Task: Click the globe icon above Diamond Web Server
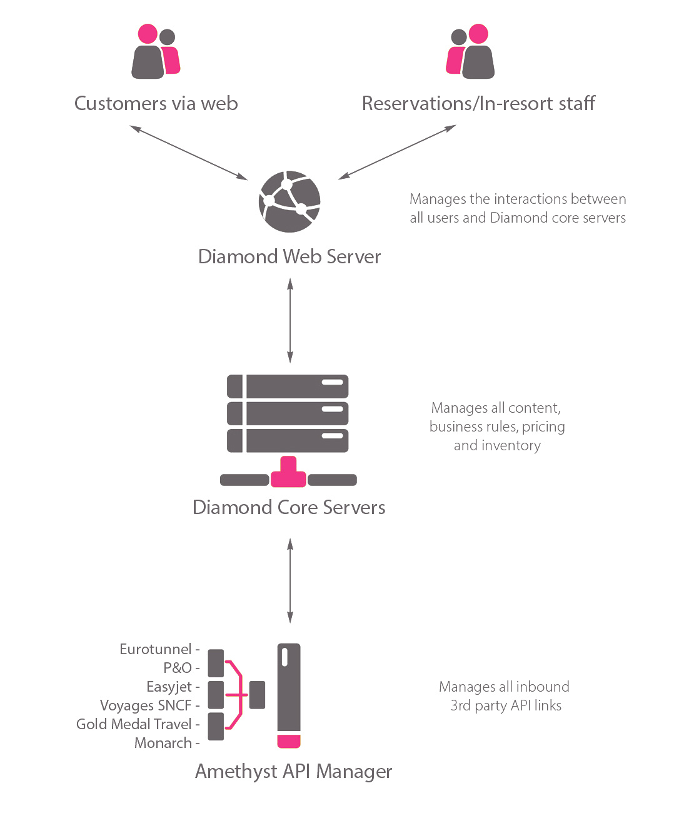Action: point(289,201)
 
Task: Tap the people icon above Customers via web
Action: point(156,51)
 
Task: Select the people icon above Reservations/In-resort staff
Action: point(470,51)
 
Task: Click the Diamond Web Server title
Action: point(289,256)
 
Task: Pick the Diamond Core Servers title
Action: point(289,507)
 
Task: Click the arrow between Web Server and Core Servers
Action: point(290,320)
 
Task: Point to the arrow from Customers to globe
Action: point(189,153)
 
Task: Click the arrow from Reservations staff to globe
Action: point(397,152)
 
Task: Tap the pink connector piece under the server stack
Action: point(288,472)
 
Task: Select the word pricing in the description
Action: point(543,427)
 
